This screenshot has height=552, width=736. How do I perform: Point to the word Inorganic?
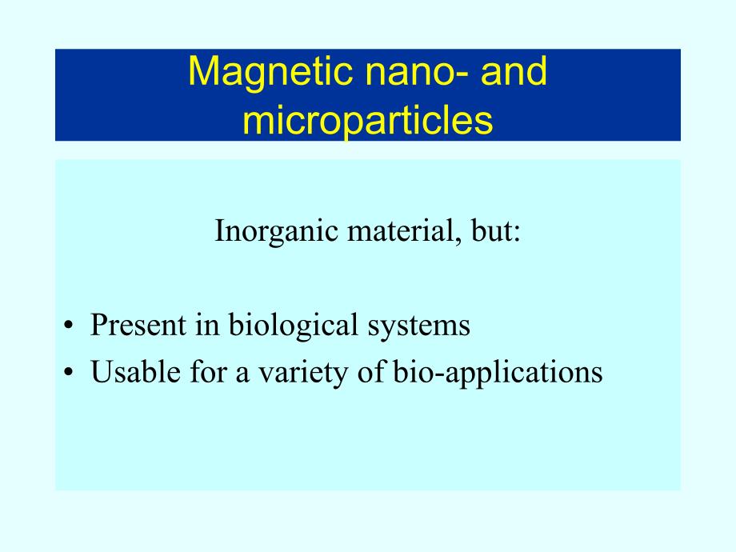tap(268, 233)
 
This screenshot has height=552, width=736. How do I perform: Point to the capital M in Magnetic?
tap(202, 73)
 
